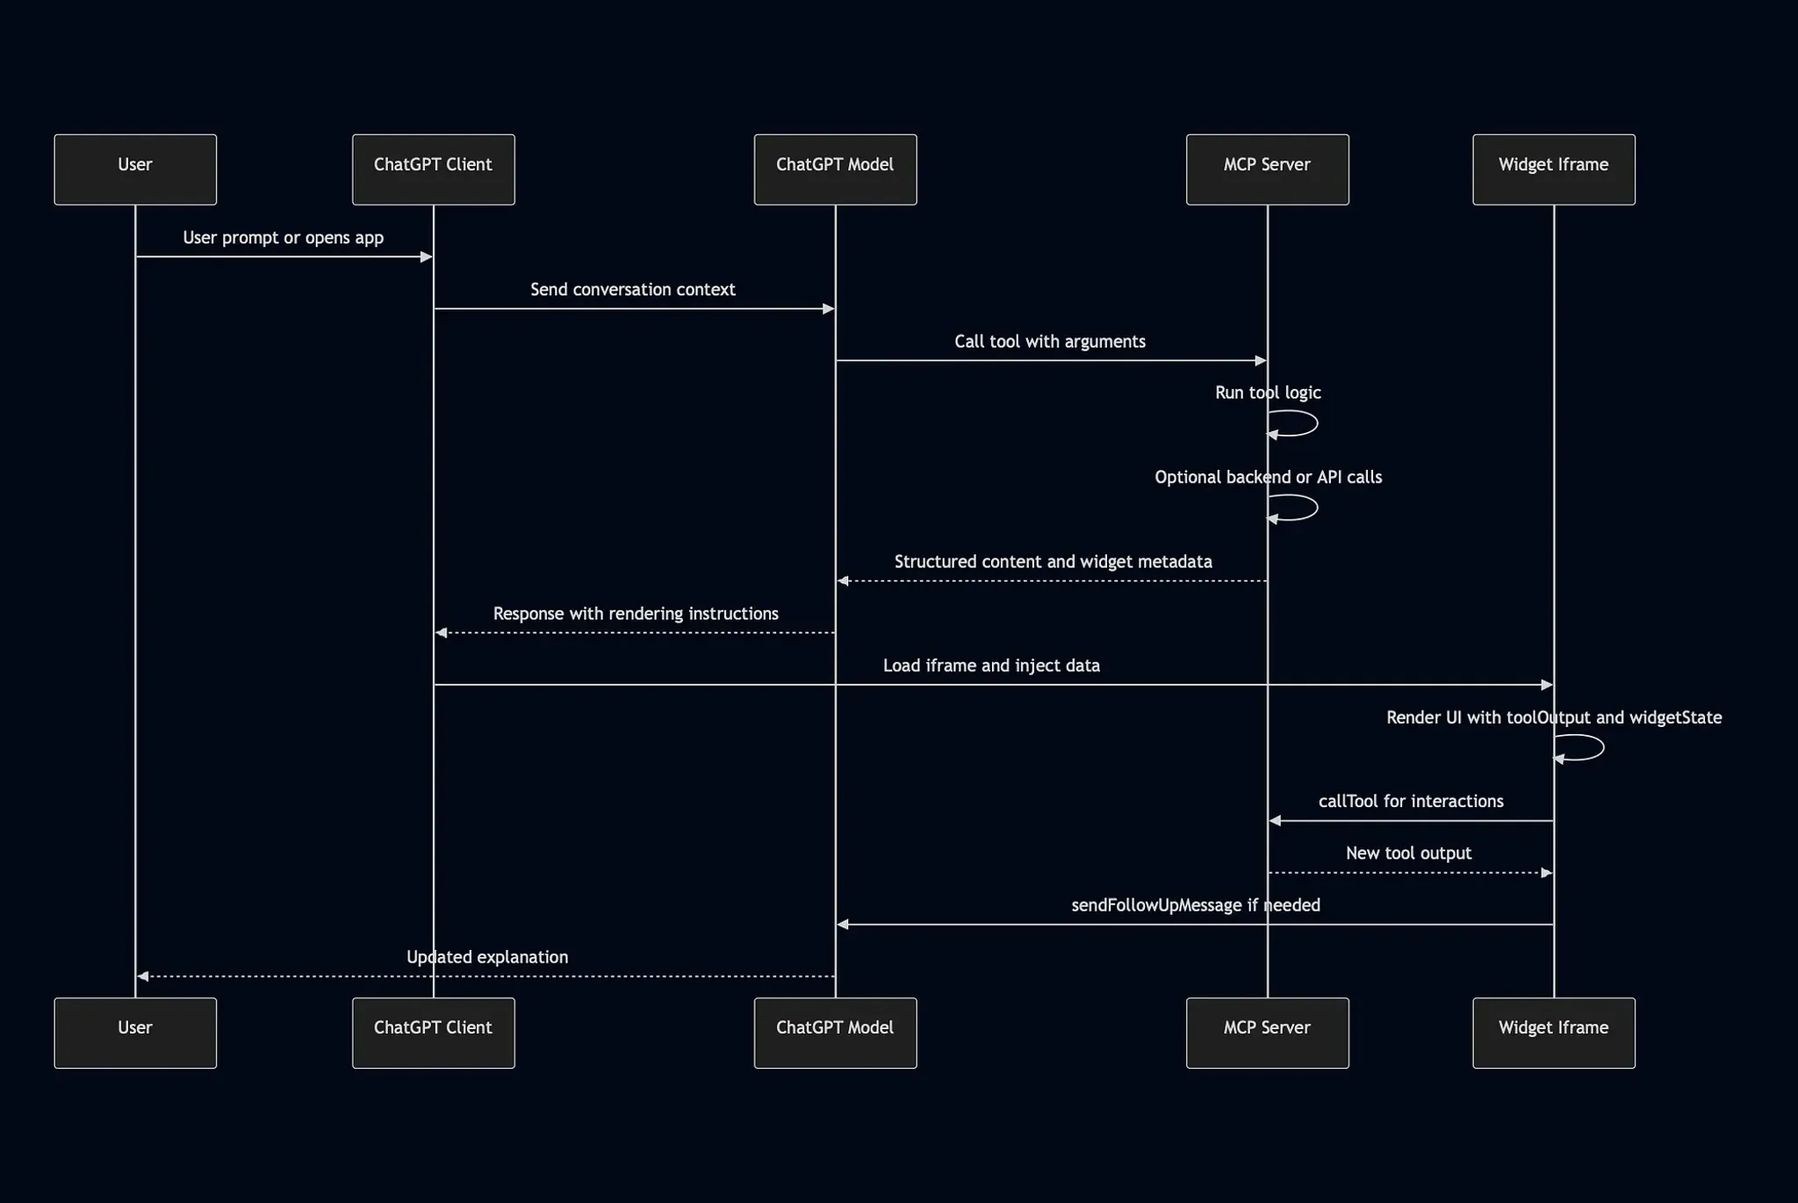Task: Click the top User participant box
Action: [135, 169]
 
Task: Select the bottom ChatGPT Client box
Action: [433, 1033]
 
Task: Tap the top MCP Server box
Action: [1267, 169]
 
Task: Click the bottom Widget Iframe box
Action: [1553, 1033]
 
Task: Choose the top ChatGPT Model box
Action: [835, 169]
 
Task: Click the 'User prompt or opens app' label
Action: [283, 238]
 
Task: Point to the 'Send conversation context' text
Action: [632, 290]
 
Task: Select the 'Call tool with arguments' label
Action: [1049, 342]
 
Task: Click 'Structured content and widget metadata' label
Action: [1053, 562]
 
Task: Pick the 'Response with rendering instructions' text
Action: [635, 614]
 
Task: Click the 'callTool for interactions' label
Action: [1410, 802]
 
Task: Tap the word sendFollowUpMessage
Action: [1156, 905]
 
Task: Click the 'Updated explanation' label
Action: [486, 957]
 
